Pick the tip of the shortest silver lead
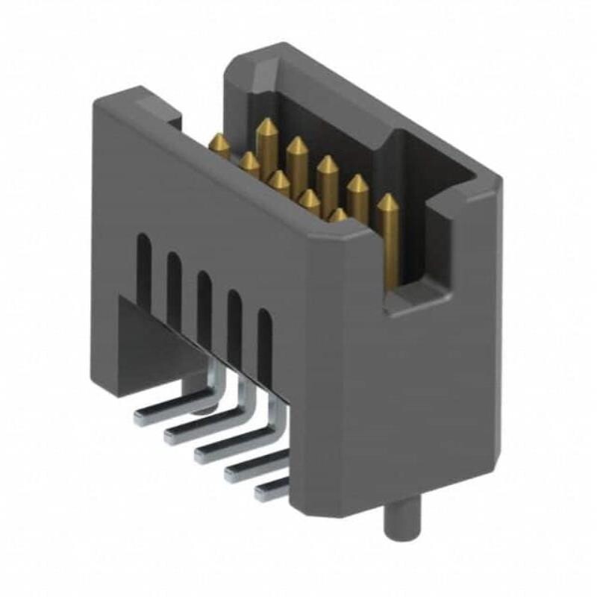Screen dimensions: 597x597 point(260,493)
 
